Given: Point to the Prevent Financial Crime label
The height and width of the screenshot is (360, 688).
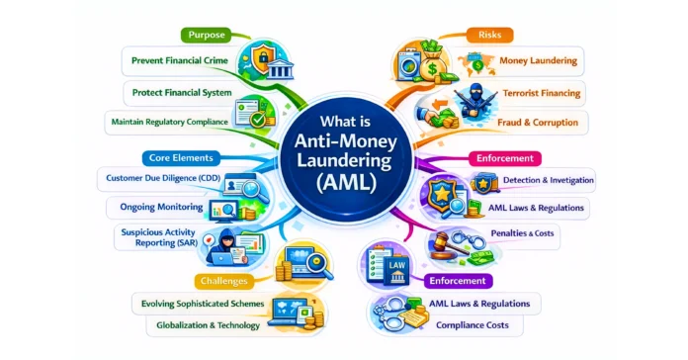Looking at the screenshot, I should click(x=181, y=61).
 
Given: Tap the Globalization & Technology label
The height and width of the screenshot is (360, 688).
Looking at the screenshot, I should click(x=209, y=324).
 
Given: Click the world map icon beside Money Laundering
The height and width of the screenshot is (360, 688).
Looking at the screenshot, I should click(x=473, y=60).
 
